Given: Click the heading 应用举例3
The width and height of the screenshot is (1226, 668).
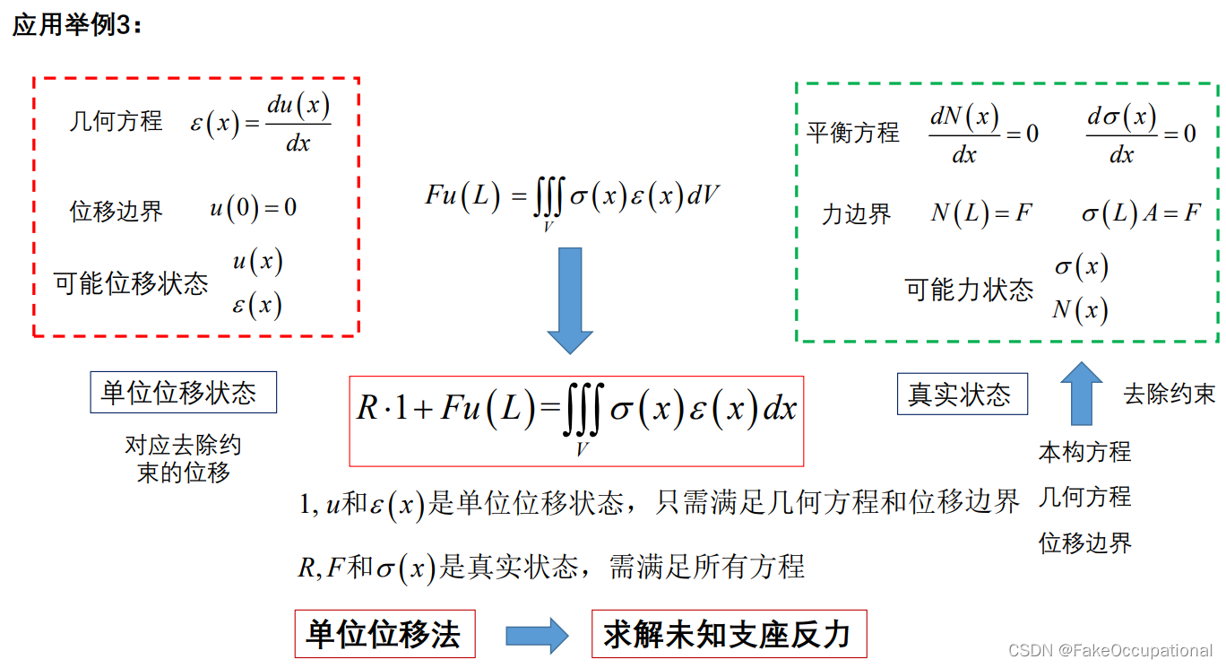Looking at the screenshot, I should [77, 26].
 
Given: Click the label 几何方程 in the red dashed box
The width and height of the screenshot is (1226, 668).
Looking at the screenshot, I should [116, 121].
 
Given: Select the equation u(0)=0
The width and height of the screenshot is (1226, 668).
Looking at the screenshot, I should [253, 208].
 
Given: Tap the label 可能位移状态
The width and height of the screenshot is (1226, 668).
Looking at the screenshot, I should [131, 283].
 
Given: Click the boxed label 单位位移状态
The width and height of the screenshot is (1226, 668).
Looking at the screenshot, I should [183, 393].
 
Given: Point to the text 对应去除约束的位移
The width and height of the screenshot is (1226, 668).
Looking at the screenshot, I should [183, 458].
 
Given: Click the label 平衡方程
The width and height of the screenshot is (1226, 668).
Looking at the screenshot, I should [852, 133].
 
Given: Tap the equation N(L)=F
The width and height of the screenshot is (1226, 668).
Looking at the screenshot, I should [981, 213].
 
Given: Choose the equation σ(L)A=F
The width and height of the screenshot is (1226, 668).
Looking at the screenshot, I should [1140, 213].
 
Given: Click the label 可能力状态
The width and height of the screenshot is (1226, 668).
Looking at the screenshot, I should [969, 290].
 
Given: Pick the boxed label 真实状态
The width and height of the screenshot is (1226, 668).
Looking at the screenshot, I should [962, 395].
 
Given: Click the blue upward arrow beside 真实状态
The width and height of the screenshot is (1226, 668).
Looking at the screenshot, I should [1082, 393].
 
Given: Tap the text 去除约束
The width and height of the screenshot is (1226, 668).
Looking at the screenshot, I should [1169, 394].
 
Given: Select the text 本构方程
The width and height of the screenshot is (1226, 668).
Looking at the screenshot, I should [1084, 452].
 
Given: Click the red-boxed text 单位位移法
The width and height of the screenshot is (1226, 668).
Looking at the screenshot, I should [384, 635].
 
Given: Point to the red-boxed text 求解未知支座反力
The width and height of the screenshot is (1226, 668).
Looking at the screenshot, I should [727, 635].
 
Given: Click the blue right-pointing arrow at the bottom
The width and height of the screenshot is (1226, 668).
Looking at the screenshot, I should [536, 636].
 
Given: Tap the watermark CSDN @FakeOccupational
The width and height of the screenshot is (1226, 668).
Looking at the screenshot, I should [1109, 651].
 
